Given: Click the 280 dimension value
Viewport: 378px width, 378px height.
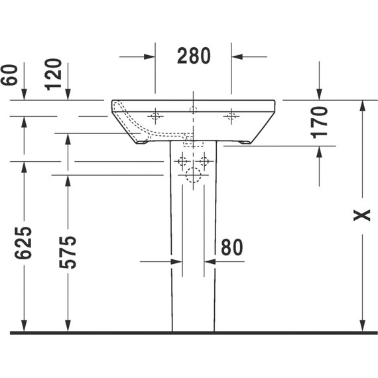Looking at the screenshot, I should coord(194,56).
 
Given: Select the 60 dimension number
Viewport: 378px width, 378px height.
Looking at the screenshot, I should coord(10,75).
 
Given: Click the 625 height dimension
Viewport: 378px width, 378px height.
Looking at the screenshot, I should coord(23,247).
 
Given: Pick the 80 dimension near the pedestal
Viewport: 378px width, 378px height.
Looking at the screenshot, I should coord(231,247).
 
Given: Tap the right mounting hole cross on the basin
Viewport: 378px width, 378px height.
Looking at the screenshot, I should coord(231,117).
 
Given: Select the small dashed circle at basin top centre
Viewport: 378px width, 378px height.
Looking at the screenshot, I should coord(193,109).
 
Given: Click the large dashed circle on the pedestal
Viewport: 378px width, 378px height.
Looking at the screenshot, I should coord(193,175).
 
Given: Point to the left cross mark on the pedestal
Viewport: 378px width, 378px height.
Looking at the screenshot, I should coord(181,161).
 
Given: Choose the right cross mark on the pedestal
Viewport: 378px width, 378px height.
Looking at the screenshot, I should coord(205,161).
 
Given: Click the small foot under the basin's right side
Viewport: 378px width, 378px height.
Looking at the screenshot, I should coord(244,141).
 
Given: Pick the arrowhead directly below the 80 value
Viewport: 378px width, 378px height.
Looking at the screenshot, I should coord(210,261).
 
